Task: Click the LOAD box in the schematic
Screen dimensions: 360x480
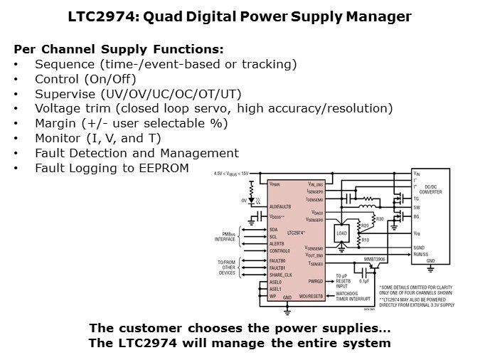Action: [342, 233]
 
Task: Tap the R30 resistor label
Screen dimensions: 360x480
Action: [380, 218]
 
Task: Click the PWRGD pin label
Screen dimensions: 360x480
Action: [315, 282]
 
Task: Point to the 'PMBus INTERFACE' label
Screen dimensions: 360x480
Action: [225, 237]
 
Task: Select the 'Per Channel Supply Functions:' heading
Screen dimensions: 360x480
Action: [119, 49]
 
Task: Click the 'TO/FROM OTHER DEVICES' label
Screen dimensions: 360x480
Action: [226, 268]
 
